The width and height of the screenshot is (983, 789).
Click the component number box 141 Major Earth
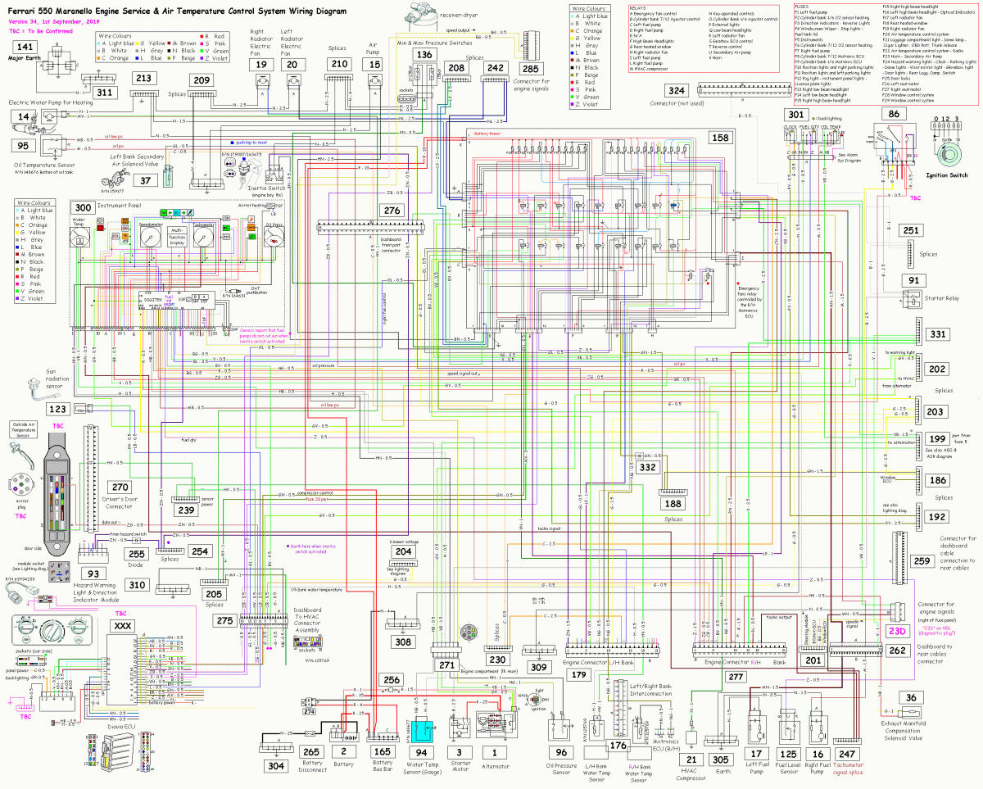pyautogui.click(x=25, y=48)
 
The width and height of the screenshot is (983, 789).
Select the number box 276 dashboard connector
pyautogui.click(x=392, y=211)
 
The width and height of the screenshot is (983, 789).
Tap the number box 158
pyautogui.click(x=720, y=138)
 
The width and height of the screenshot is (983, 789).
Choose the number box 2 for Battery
pyautogui.click(x=344, y=750)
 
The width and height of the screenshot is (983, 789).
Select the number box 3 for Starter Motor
pyautogui.click(x=459, y=750)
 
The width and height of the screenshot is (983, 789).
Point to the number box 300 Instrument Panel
pyautogui.click(x=84, y=207)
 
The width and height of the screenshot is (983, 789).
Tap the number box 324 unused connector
pyautogui.click(x=677, y=90)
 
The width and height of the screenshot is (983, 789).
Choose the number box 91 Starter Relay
pyautogui.click(x=914, y=280)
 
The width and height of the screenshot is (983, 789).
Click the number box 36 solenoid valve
pyautogui.click(x=911, y=698)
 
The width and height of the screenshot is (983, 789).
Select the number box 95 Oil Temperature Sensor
pyautogui.click(x=24, y=146)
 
